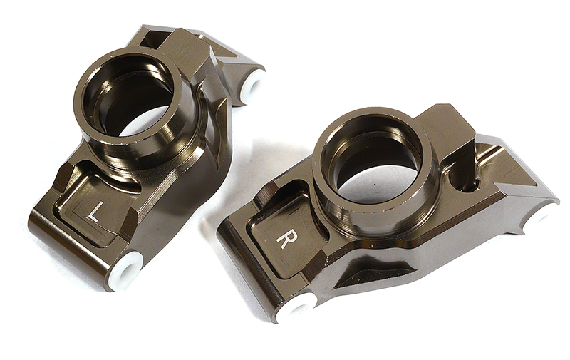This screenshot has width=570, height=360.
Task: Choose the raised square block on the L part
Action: (x=181, y=47)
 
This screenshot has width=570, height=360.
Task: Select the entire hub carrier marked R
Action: (x=385, y=214)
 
